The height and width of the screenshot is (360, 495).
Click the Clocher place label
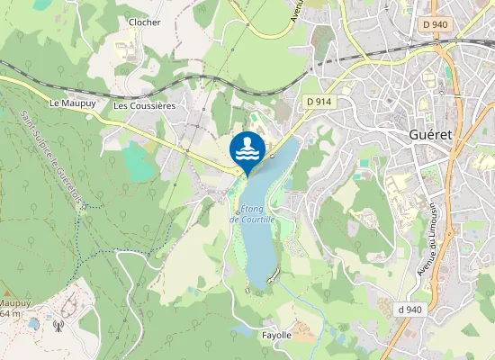tap(144, 22)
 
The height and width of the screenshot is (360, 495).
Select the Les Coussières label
tap(144, 105)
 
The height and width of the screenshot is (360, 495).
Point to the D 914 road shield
tap(319, 102)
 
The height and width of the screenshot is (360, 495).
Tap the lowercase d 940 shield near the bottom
tap(409, 310)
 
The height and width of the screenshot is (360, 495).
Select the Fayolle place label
tap(276, 335)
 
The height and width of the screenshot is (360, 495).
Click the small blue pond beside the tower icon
tap(34, 322)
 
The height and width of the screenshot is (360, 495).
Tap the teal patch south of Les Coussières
tap(139, 160)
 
